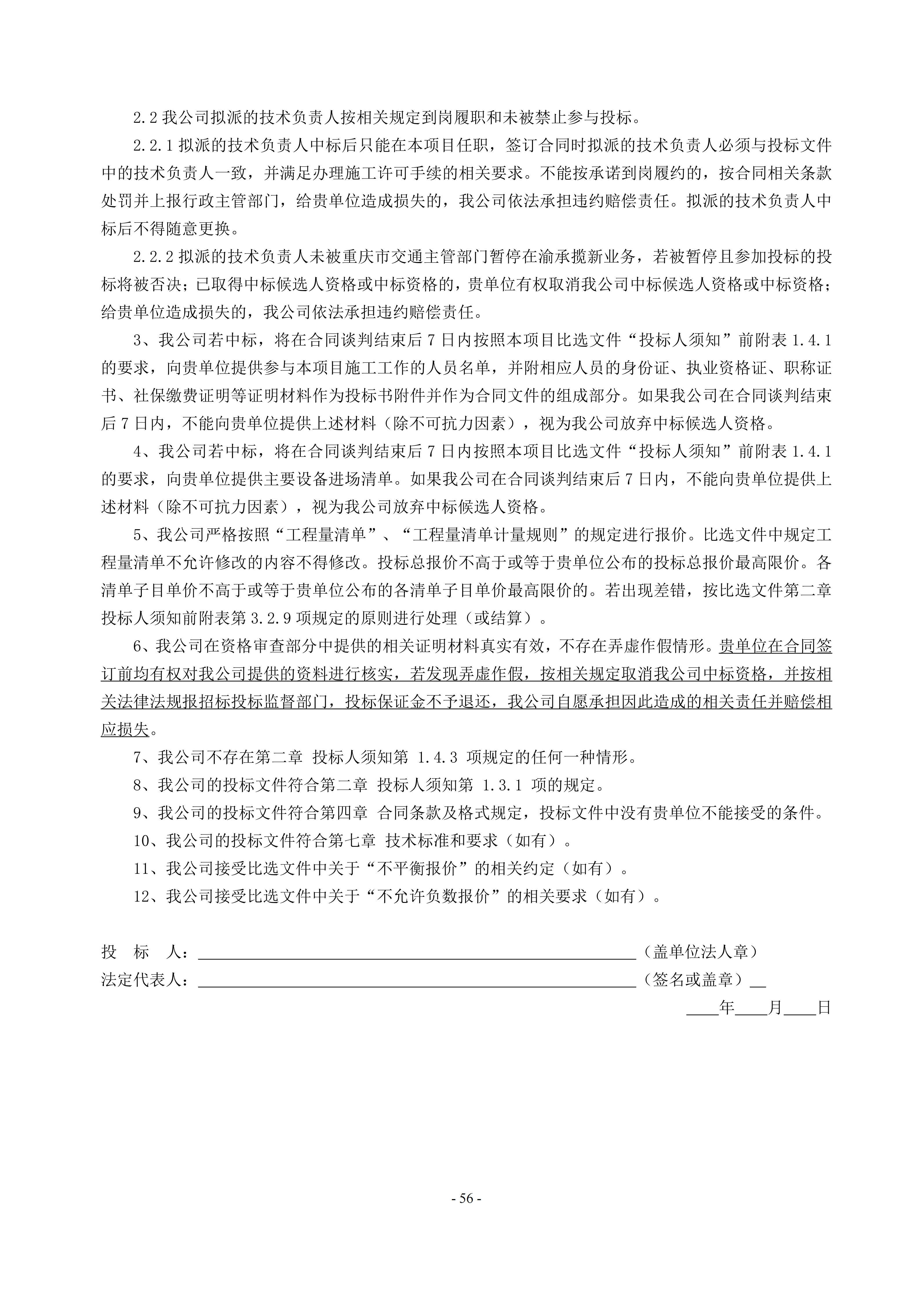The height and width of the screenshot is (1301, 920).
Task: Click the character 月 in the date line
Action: tap(775, 1007)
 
